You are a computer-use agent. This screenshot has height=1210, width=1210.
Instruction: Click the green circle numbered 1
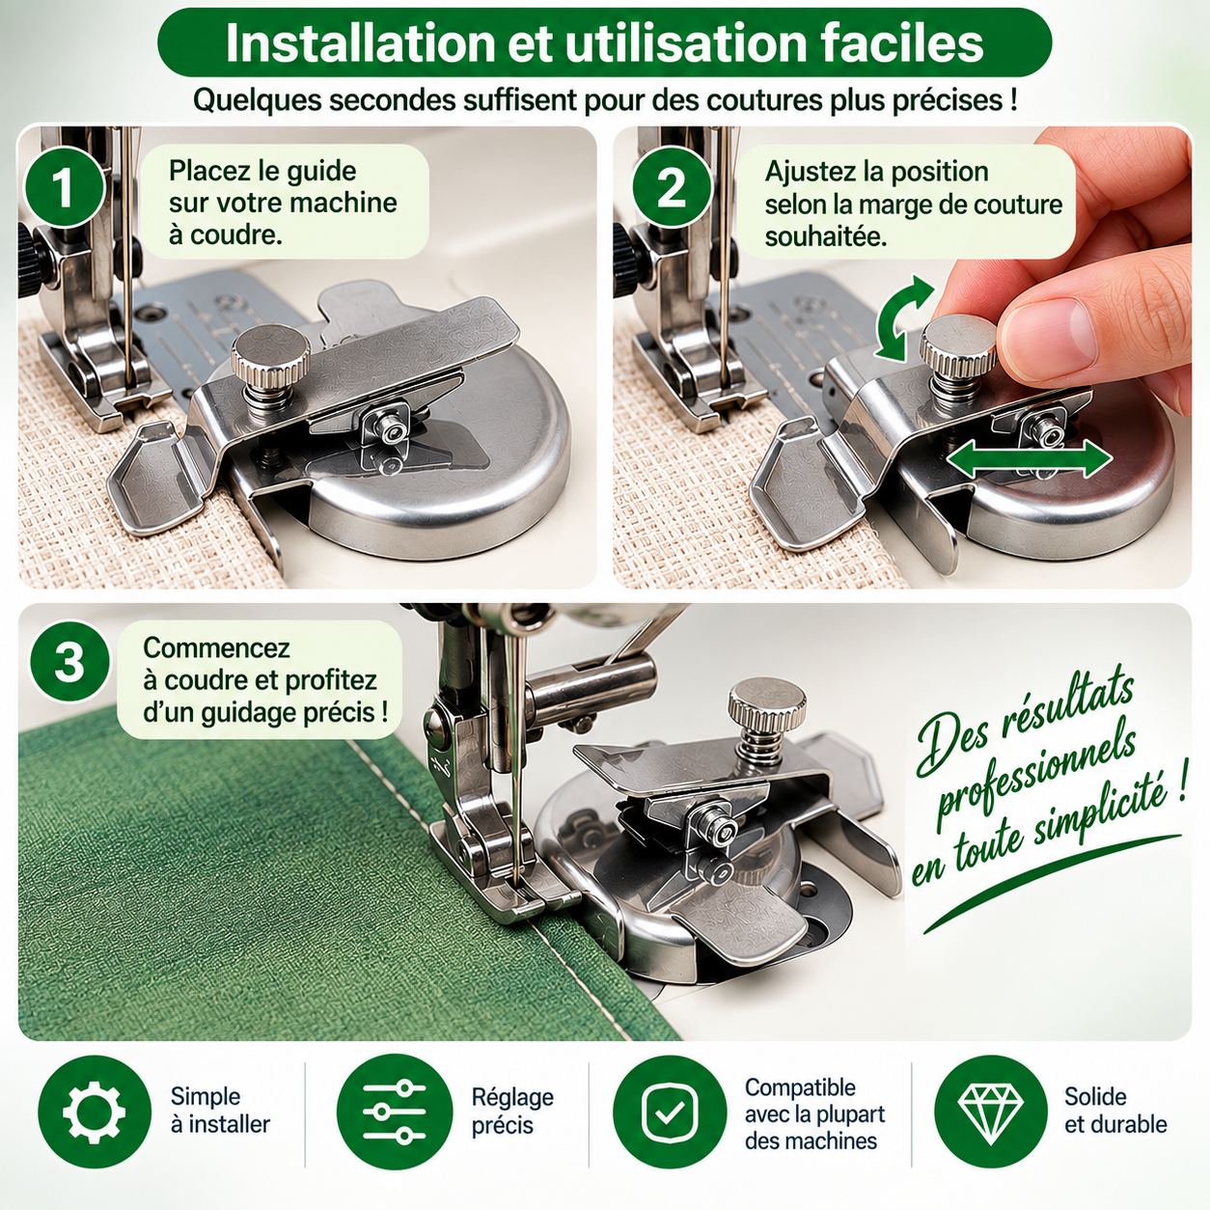tap(64, 187)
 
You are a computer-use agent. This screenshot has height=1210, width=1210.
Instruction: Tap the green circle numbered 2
tap(672, 187)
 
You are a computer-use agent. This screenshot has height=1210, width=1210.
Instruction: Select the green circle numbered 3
tap(69, 662)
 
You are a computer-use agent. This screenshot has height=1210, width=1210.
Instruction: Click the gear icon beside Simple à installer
tap(95, 1112)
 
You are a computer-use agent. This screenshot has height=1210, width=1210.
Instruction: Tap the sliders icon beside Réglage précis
tap(395, 1112)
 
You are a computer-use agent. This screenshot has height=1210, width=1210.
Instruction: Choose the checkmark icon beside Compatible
tap(670, 1112)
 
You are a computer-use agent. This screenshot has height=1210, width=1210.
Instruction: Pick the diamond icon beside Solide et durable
tap(990, 1112)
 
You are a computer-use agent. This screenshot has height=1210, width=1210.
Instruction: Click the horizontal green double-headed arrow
tap(1030, 459)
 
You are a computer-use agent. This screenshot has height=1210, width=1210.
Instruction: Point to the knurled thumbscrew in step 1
tap(270, 360)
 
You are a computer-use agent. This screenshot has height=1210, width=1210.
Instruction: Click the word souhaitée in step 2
tap(826, 237)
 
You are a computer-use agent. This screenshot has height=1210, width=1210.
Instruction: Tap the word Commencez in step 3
tap(217, 648)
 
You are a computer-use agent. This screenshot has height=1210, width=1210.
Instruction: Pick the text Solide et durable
tap(1115, 1111)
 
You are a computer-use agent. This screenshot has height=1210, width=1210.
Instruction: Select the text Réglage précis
tap(512, 1111)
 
